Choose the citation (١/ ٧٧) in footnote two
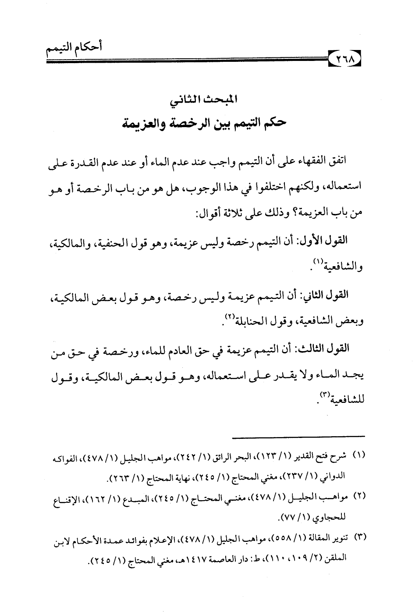298,517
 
